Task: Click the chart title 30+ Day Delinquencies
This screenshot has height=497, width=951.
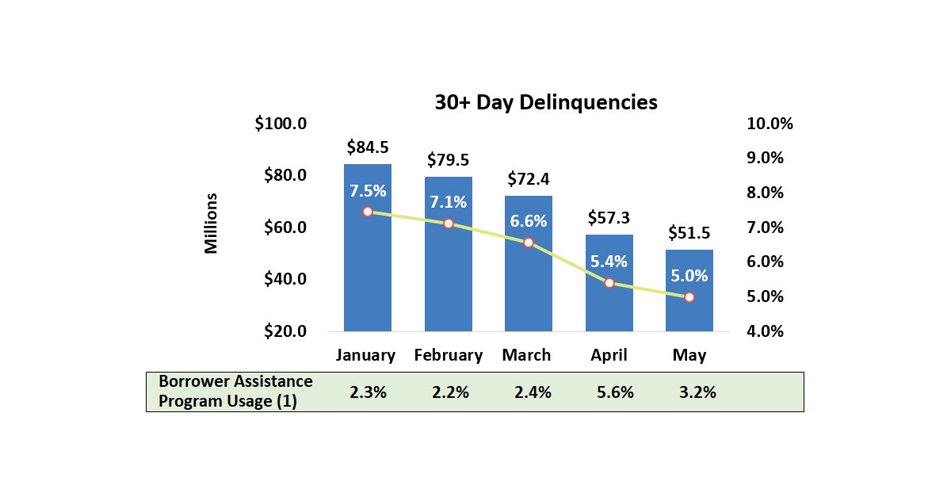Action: tap(545, 102)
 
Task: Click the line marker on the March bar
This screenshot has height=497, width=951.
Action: tap(528, 243)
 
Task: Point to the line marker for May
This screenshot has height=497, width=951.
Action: tap(689, 297)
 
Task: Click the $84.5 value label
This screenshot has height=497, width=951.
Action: tap(367, 147)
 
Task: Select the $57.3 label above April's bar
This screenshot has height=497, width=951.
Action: tap(609, 218)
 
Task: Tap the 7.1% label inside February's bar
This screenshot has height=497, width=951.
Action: tap(448, 202)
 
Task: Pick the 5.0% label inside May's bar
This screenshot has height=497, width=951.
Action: tap(689, 276)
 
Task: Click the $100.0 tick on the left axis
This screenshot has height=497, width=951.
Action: tap(281, 124)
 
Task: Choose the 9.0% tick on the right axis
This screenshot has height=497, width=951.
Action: tap(765, 159)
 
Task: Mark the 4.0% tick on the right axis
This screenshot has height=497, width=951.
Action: tap(765, 331)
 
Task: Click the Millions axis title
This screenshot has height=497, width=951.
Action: tap(211, 223)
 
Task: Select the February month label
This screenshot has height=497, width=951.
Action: tap(448, 355)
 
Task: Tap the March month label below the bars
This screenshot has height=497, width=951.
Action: tap(526, 355)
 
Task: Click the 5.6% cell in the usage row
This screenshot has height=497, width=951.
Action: tap(612, 392)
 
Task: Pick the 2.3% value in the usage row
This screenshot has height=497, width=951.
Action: tap(368, 392)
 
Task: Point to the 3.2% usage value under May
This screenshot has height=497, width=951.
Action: tap(697, 392)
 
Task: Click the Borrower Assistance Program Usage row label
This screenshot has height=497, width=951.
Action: tap(235, 392)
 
